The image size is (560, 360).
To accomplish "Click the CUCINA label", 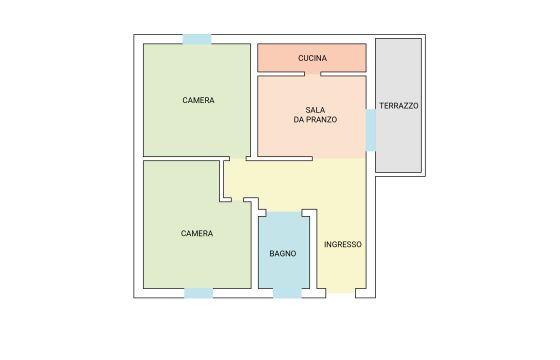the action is tap(312, 58).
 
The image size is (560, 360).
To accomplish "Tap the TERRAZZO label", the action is tap(399, 106).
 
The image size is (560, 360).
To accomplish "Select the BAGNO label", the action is tap(282, 254).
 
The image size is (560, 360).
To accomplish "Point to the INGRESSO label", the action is tap(343, 245).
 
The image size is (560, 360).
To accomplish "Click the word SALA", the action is tap(315, 110).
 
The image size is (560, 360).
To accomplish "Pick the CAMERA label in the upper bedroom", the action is tap(198, 100).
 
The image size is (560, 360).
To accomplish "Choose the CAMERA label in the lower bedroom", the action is tap(197, 234).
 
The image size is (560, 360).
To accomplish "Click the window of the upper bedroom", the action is tap(197, 39).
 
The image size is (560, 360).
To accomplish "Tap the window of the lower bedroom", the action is tap(199, 293).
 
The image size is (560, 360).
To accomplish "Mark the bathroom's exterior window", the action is tap(287, 293).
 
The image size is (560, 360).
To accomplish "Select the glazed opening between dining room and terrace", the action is tap(371, 130).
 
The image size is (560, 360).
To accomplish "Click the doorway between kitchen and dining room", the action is tap(312, 74).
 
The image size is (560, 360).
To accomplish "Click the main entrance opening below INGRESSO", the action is tap(341, 293).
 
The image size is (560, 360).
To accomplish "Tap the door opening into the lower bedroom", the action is tap(238, 200).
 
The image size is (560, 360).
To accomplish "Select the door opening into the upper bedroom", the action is tap(238, 158).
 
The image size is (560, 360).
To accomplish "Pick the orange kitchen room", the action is tap(312, 58).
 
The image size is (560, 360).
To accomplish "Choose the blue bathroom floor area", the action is tap(284, 250).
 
